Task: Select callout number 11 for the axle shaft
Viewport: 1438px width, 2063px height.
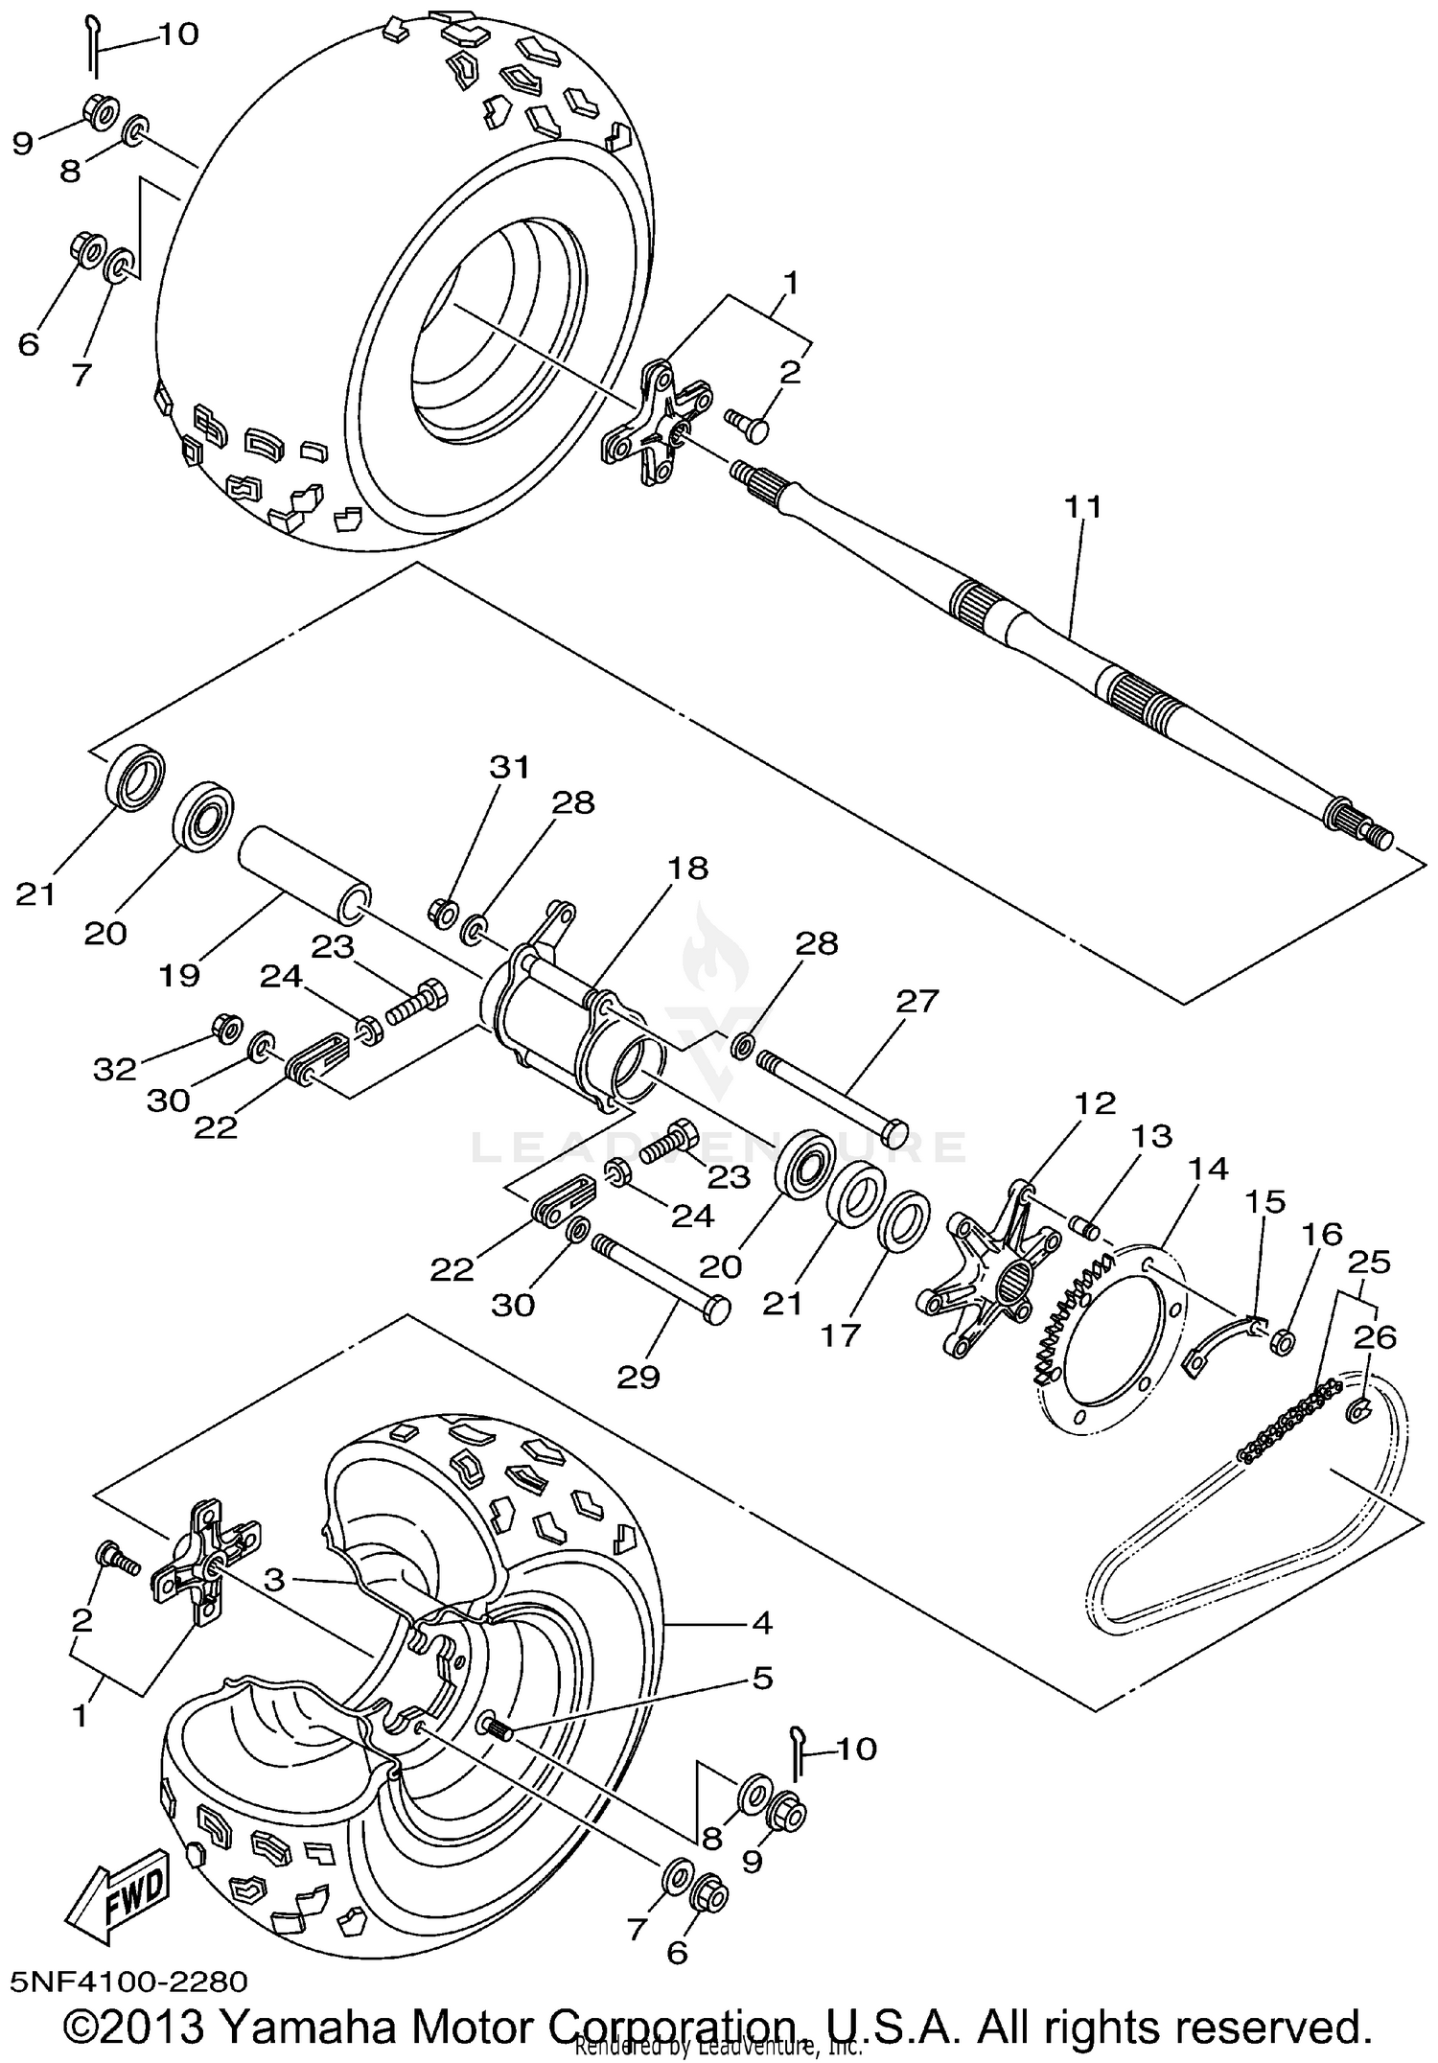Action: pyautogui.click(x=1081, y=506)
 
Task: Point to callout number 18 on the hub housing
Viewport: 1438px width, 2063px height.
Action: pyautogui.click(x=688, y=869)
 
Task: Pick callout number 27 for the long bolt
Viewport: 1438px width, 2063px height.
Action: pyautogui.click(x=917, y=1001)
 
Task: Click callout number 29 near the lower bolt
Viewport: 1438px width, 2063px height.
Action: pyautogui.click(x=638, y=1377)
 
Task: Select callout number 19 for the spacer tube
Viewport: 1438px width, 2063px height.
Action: pyautogui.click(x=179, y=975)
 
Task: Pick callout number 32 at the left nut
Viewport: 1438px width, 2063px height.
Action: pyautogui.click(x=115, y=1068)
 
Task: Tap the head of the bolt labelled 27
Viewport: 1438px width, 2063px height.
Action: pyautogui.click(x=893, y=1131)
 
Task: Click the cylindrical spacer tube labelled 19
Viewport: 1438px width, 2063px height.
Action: pyautogui.click(x=303, y=867)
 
